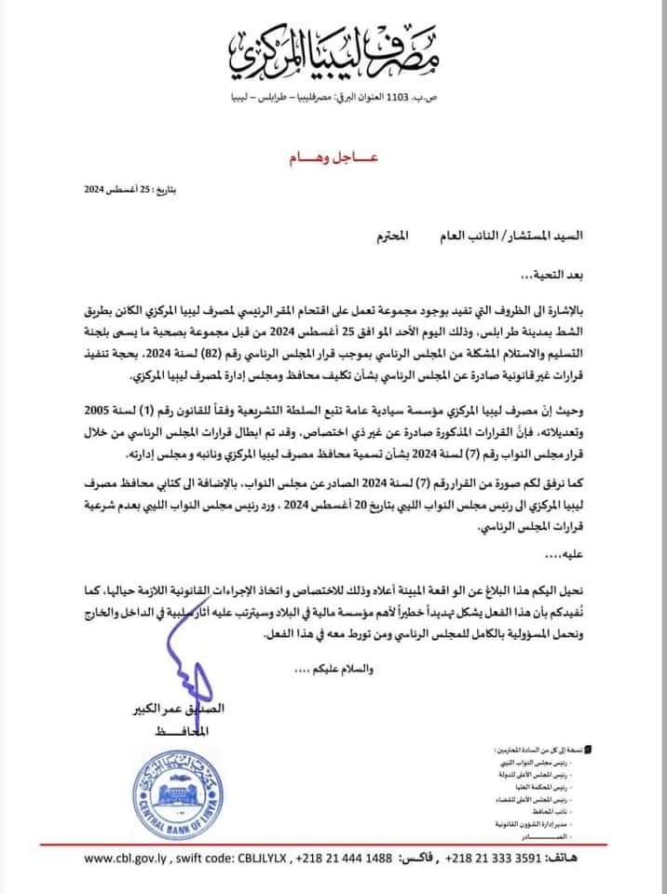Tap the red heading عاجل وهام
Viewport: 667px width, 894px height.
[x=333, y=161]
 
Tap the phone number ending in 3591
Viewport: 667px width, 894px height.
[x=494, y=859]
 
